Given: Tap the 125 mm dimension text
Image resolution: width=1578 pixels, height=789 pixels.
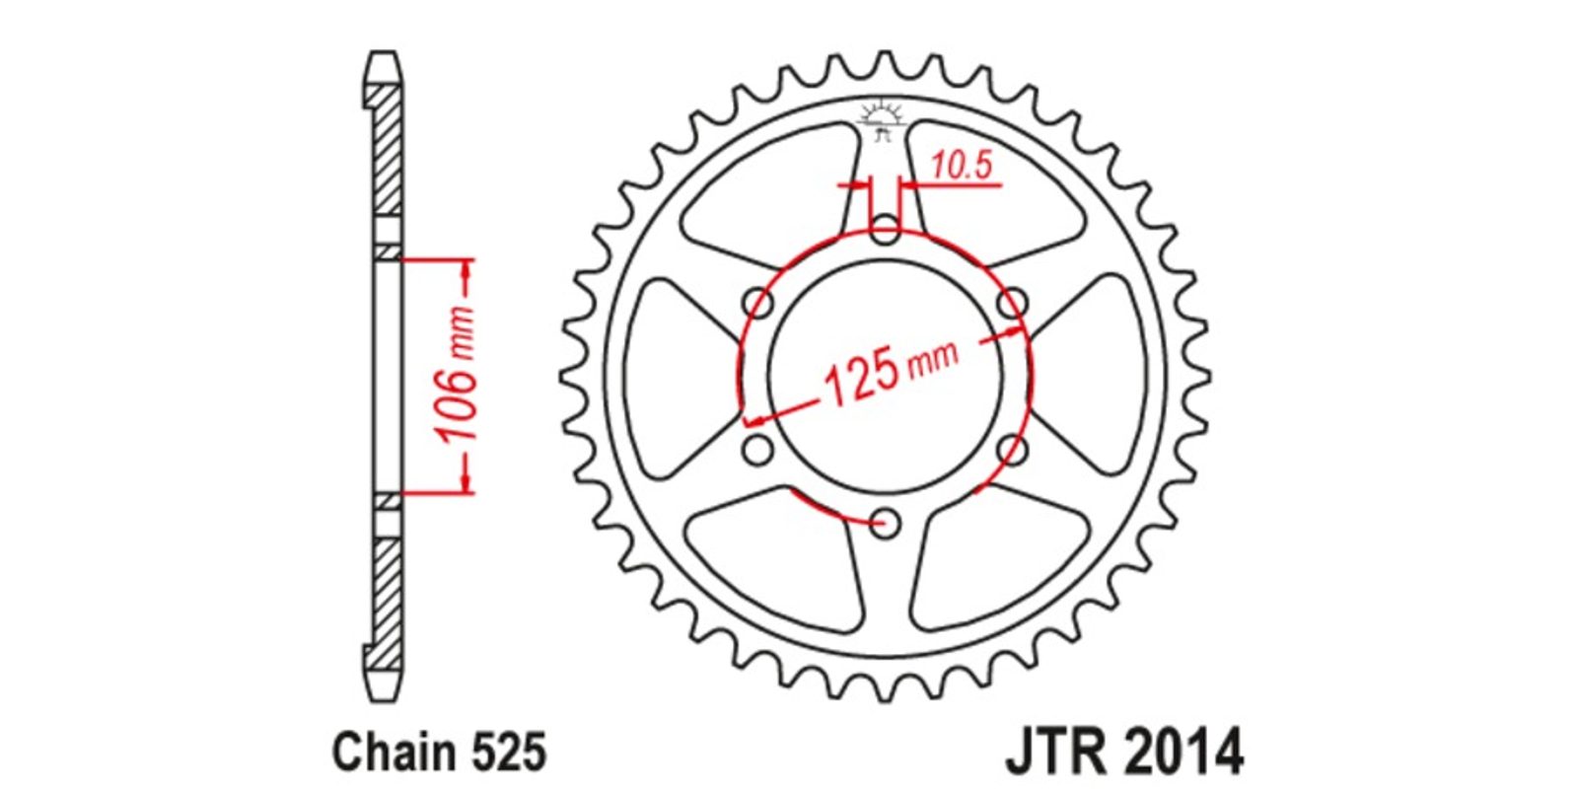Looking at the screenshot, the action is click(x=891, y=373).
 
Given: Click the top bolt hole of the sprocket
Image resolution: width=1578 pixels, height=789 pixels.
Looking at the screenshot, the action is click(x=884, y=231).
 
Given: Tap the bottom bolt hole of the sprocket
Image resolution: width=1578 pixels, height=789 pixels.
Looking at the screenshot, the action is click(x=884, y=524).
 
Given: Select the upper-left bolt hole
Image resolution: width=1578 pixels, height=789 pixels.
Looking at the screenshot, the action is click(x=758, y=305).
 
